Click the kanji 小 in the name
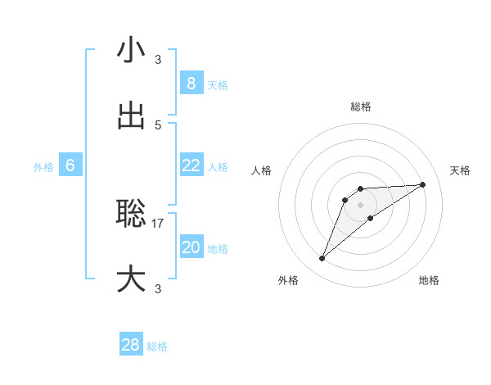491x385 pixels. click(x=131, y=50)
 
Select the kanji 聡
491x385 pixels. click(x=131, y=214)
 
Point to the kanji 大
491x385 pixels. click(x=131, y=279)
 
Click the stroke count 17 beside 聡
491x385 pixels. click(x=158, y=223)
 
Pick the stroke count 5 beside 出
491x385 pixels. click(x=158, y=125)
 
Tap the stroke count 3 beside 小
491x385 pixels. click(x=158, y=59)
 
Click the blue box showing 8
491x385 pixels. click(x=191, y=83)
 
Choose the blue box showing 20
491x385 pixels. click(x=191, y=247)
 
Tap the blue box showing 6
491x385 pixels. click(x=70, y=165)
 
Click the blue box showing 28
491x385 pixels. click(x=131, y=345)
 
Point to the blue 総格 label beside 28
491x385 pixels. click(x=157, y=346)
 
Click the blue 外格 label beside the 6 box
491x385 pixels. click(x=43, y=167)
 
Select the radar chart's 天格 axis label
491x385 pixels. click(x=461, y=170)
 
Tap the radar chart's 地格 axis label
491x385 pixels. click(x=429, y=280)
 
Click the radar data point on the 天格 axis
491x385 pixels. click(x=423, y=184)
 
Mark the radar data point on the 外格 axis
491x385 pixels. click(x=322, y=259)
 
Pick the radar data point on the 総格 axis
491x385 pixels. click(x=360, y=189)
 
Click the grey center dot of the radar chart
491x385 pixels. click(x=360, y=204)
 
